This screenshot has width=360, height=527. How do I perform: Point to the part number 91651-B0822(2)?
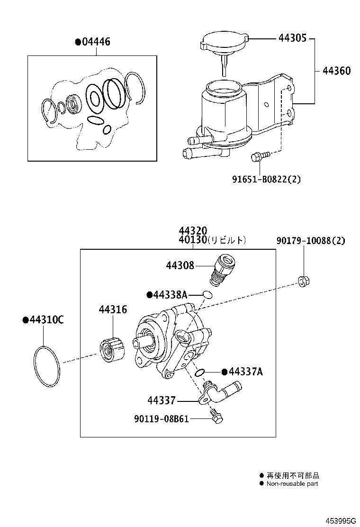click(266, 179)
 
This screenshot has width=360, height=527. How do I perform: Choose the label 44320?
click(193, 230)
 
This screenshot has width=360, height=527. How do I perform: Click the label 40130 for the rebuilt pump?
click(193, 240)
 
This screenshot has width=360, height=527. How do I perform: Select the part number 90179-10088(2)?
click(311, 241)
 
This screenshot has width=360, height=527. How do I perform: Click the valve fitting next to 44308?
click(222, 269)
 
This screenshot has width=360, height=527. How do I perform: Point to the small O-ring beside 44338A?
click(207, 295)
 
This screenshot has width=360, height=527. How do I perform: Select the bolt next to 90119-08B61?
click(218, 417)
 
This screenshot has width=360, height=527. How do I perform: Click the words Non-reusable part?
click(292, 483)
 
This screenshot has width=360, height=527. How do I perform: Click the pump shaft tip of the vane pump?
click(138, 343)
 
